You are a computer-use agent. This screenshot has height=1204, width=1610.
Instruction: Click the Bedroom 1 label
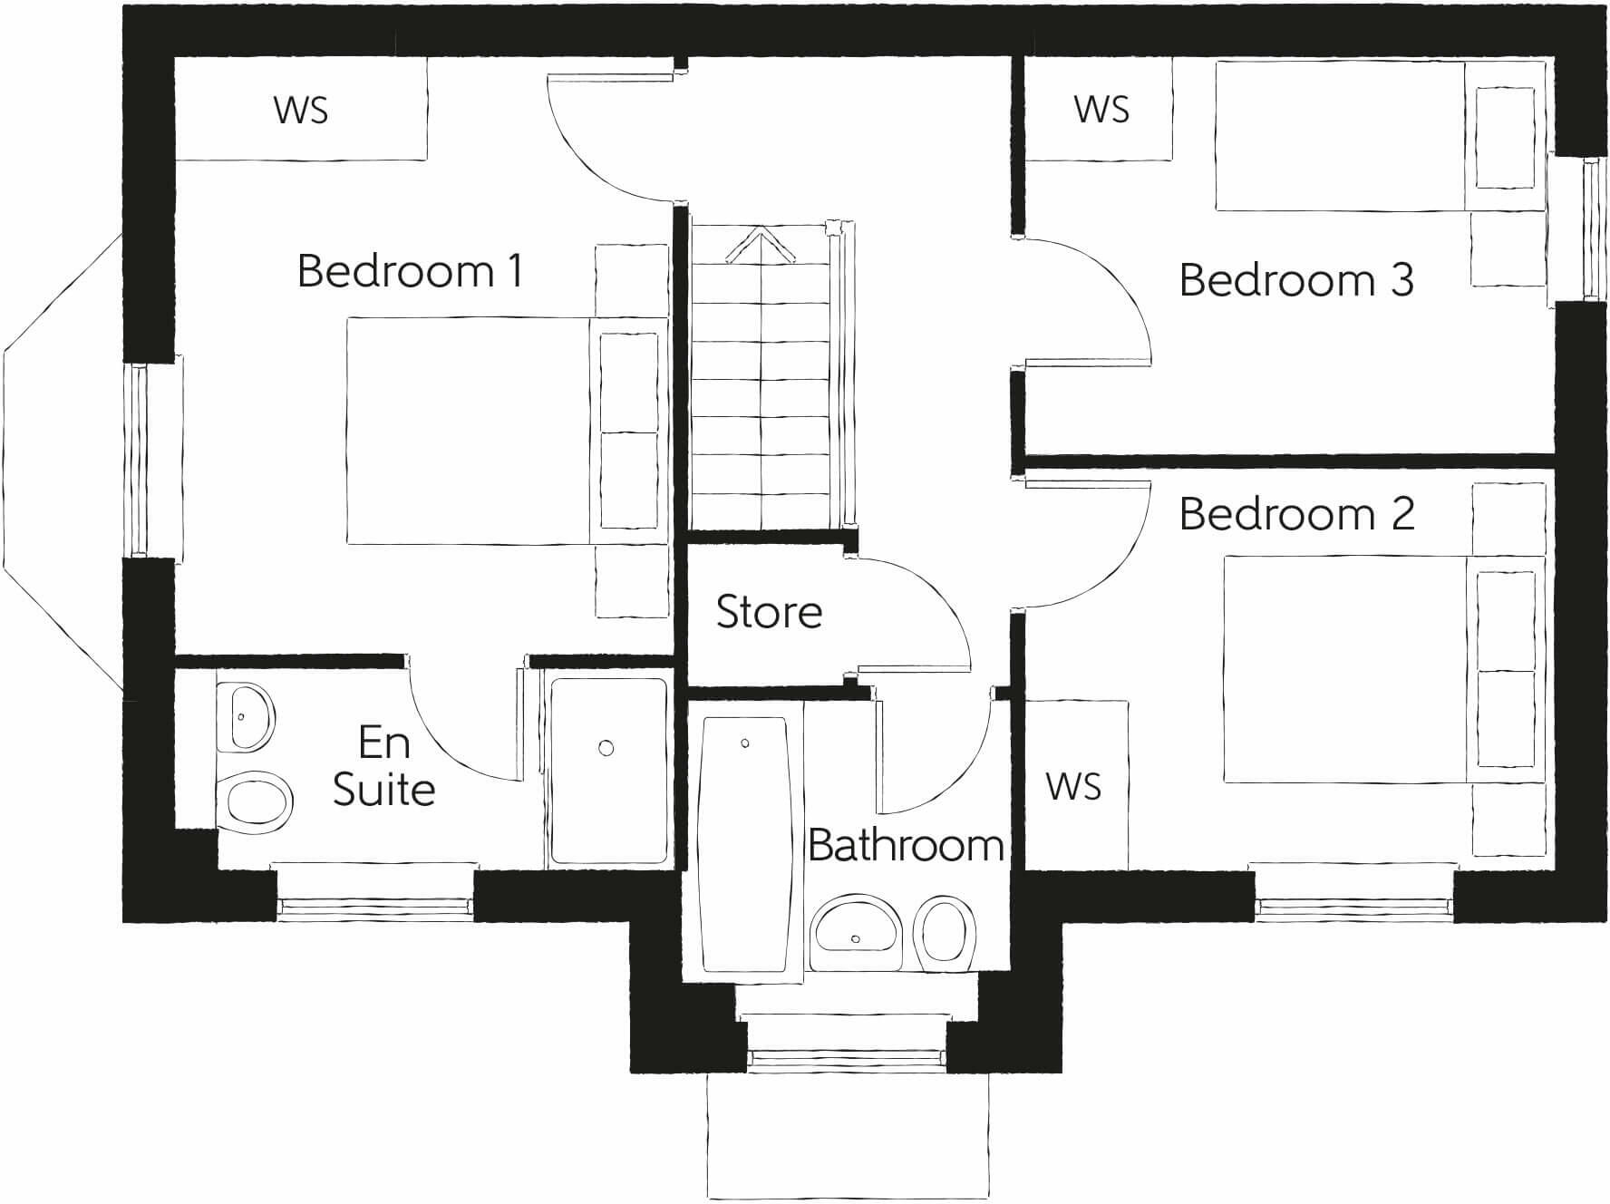point(410,271)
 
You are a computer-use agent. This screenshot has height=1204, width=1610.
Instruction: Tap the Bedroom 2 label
point(1295,514)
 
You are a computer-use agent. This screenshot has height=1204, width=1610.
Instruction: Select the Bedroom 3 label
point(1295,279)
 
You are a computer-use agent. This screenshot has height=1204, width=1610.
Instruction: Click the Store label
point(769,612)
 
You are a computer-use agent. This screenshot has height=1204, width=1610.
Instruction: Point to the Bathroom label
point(905,846)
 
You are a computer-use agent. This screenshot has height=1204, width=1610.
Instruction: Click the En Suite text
point(384,766)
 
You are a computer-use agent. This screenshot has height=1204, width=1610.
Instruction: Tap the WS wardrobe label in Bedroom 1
point(300,111)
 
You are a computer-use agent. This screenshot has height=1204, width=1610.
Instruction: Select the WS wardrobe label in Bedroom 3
point(1101,110)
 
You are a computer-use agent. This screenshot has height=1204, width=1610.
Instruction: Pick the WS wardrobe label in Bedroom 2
point(1073,786)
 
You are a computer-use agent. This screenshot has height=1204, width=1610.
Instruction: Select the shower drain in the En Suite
point(606,748)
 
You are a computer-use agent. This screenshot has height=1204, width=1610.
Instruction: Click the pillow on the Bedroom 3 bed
point(1505,138)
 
